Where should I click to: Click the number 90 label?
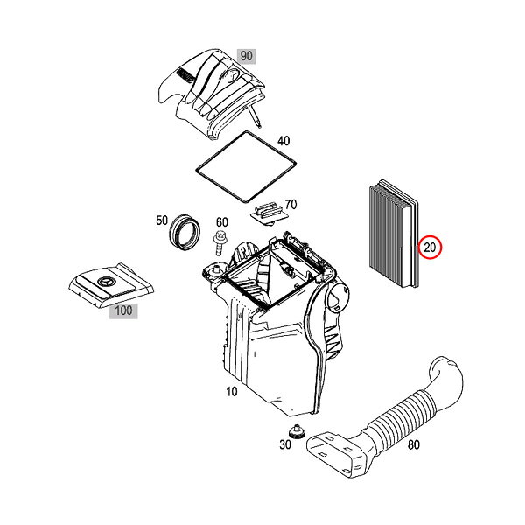click(247, 56)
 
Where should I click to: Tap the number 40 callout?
click(283, 141)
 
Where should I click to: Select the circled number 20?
click(430, 248)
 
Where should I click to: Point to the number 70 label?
click(290, 204)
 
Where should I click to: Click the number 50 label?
click(162, 220)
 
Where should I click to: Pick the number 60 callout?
click(222, 222)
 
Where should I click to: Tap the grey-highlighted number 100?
click(123, 311)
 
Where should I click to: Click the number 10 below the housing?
click(232, 391)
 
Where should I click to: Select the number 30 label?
click(285, 444)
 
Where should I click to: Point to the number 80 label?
click(414, 444)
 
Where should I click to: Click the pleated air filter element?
click(394, 234)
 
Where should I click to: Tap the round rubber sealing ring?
click(185, 231)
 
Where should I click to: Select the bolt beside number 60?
click(219, 243)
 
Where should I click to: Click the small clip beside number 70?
click(269, 213)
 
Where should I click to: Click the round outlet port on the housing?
click(338, 294)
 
